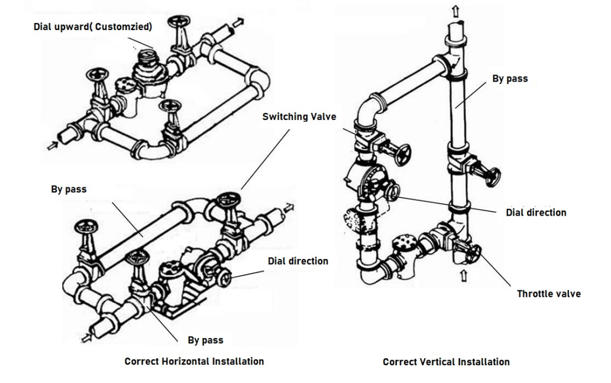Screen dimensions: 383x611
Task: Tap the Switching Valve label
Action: [x=299, y=117]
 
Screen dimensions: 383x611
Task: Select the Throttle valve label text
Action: [x=548, y=294]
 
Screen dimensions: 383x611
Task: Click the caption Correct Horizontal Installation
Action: [x=194, y=361]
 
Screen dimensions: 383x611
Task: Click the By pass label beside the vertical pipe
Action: [x=510, y=78]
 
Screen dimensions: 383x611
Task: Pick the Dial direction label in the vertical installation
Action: [x=535, y=212]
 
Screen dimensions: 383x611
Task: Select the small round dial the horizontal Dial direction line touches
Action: [x=225, y=277]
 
